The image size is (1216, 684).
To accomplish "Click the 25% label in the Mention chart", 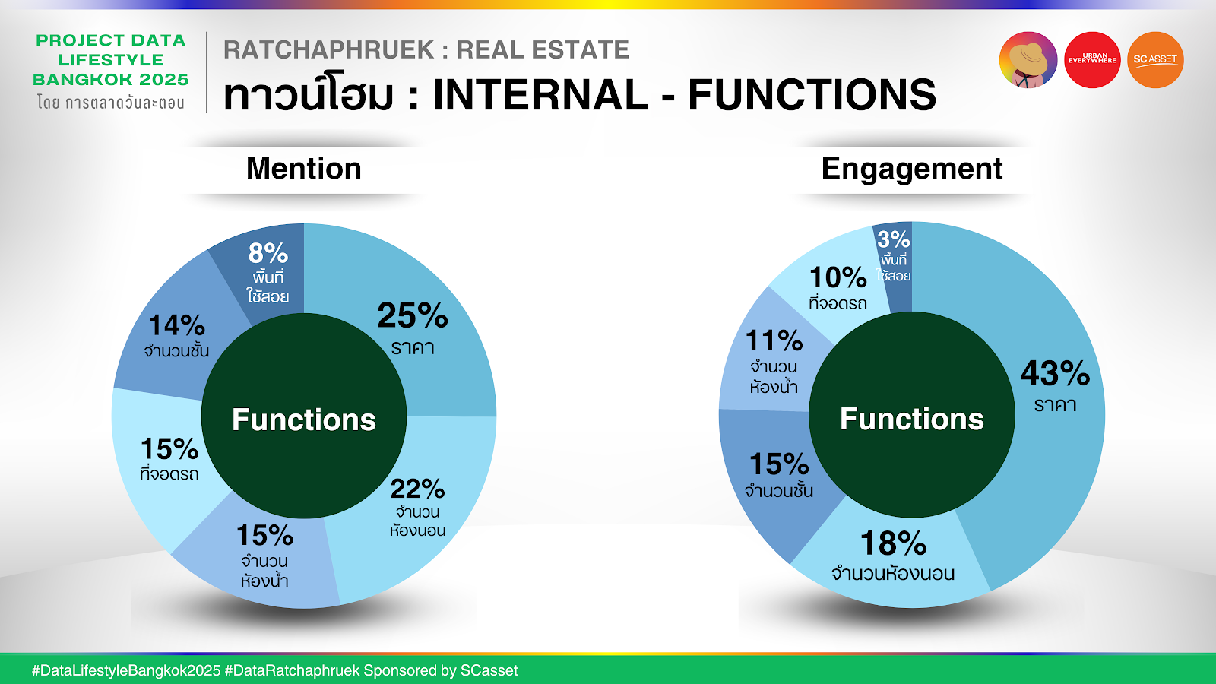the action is (x=413, y=315).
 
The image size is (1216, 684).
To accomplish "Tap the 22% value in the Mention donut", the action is (x=417, y=489).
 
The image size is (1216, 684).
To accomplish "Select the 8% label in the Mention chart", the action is (x=268, y=253).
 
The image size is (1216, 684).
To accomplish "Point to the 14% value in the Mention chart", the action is (x=176, y=326).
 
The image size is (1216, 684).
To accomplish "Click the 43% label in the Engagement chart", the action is (x=1056, y=373).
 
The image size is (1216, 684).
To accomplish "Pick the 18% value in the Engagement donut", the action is (x=893, y=543).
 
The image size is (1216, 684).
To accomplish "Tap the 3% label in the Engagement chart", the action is (x=894, y=239).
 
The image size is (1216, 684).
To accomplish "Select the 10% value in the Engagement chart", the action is (x=838, y=277).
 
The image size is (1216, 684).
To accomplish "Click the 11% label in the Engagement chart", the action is (x=774, y=341).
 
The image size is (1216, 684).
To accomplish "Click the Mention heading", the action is (x=303, y=168).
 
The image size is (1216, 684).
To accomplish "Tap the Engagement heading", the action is (x=912, y=169).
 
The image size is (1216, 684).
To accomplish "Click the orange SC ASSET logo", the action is (x=1155, y=60).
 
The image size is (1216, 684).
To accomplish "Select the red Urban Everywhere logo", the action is (x=1092, y=60).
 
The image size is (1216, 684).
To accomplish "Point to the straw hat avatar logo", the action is (x=1028, y=60).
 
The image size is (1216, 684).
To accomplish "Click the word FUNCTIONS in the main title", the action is (x=812, y=94).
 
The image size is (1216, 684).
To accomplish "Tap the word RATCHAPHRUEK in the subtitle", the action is (x=329, y=50).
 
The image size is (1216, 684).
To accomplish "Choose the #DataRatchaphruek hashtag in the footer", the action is (x=292, y=670).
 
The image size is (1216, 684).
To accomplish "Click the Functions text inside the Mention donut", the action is (x=303, y=420).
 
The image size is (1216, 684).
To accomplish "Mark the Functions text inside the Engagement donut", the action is (x=912, y=419).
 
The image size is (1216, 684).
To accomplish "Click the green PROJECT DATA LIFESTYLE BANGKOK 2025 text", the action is (x=111, y=60).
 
